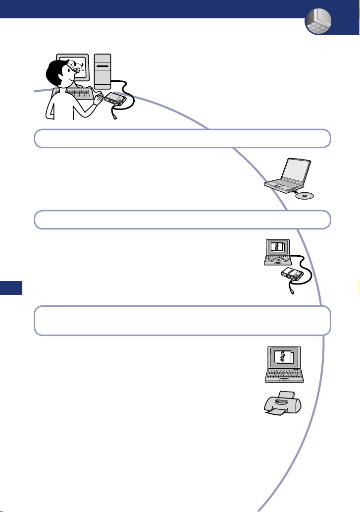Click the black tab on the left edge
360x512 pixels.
(11, 287)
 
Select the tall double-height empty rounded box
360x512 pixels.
(182, 320)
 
